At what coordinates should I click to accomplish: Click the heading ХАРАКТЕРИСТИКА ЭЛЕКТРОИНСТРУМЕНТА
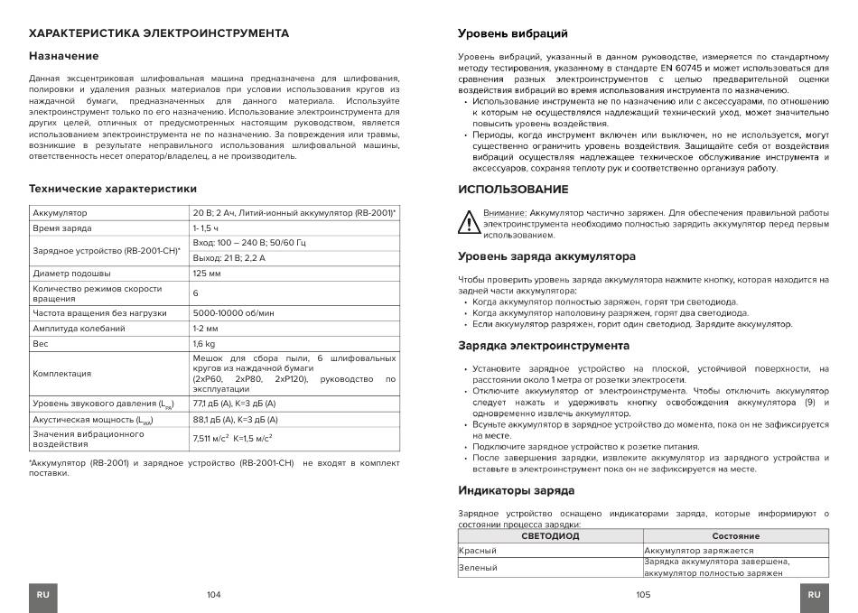(159, 33)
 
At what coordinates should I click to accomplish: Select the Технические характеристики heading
(112, 190)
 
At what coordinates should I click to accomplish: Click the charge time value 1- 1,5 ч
(206, 228)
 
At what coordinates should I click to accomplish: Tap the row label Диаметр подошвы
(71, 273)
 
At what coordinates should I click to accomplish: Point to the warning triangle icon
(468, 222)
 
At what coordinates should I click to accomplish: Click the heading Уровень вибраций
(513, 34)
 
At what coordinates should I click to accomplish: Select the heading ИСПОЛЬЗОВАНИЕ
(513, 190)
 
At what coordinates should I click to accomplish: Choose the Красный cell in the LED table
(478, 550)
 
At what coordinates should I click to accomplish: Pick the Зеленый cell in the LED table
(479, 567)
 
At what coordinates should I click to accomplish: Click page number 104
(213, 595)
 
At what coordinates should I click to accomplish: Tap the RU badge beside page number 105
(814, 595)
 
